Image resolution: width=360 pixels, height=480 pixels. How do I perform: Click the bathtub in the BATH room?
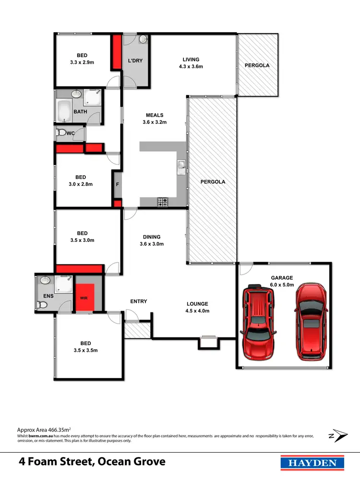[x=64, y=111]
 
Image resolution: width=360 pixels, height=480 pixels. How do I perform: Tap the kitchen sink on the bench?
[x=181, y=167]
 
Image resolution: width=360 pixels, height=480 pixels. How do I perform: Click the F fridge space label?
[x=117, y=184]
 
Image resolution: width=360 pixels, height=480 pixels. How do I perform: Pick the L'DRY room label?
[x=135, y=61]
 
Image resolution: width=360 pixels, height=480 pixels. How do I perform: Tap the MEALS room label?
[x=155, y=115]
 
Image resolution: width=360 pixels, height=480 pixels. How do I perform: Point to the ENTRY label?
[x=139, y=301]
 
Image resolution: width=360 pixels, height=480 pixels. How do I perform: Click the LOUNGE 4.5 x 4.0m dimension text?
[x=197, y=311]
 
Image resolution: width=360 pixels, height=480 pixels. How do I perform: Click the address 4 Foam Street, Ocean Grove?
[x=92, y=462]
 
